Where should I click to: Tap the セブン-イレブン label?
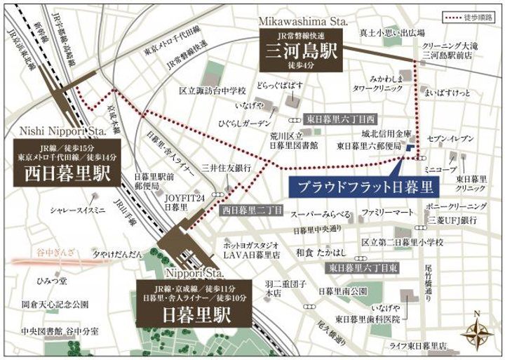coord(445,139)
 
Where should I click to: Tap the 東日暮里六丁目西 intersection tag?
coord(341,120)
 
